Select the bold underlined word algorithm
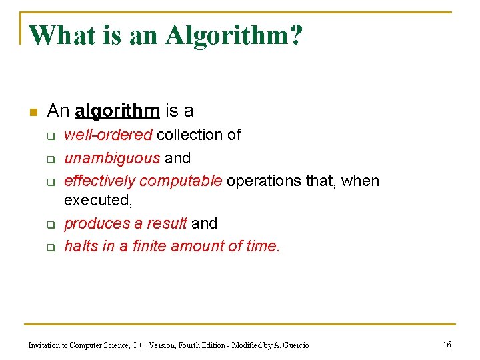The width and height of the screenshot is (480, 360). pos(117,110)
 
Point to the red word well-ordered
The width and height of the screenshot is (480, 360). pos(108,135)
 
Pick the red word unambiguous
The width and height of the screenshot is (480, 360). pos(112,158)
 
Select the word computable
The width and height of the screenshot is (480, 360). pos(181,181)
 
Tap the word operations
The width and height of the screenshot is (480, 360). pos(264,181)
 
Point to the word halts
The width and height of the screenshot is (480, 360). pos(80,246)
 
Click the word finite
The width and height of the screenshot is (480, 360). pos(149,246)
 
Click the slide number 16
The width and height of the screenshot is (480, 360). pos(447,344)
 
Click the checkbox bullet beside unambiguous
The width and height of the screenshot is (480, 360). pos(49,159)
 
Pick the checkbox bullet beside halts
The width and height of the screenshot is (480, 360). pos(49,247)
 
